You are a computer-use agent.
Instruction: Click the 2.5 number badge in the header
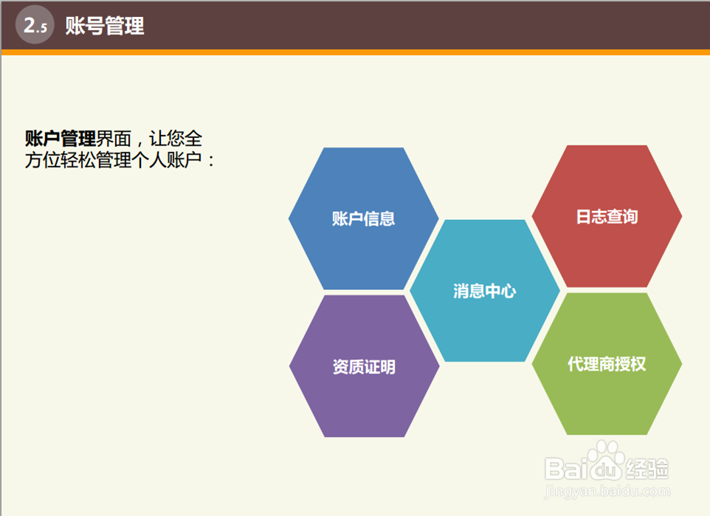(x=35, y=25)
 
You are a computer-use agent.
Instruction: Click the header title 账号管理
(x=105, y=25)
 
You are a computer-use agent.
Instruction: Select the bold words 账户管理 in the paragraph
(x=61, y=139)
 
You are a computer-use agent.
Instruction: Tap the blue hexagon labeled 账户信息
(x=364, y=219)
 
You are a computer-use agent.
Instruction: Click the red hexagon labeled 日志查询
(x=607, y=216)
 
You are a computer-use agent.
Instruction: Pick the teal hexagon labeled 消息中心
(x=484, y=290)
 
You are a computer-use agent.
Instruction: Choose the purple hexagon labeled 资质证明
(x=364, y=366)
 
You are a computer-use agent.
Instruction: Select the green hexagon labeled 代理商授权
(x=607, y=364)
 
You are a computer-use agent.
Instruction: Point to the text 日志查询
(x=607, y=216)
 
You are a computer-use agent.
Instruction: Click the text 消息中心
(x=484, y=291)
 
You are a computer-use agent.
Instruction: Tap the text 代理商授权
(x=607, y=364)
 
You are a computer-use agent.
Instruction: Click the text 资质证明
(x=364, y=366)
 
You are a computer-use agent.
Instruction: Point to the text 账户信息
(x=364, y=219)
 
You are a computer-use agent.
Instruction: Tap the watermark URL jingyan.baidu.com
(x=607, y=491)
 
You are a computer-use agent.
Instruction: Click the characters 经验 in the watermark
(x=647, y=469)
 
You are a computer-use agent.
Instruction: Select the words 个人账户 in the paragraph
(x=175, y=160)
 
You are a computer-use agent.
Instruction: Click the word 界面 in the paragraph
(x=114, y=139)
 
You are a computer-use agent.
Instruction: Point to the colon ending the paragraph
(x=211, y=161)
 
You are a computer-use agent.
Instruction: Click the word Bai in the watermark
(x=567, y=469)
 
